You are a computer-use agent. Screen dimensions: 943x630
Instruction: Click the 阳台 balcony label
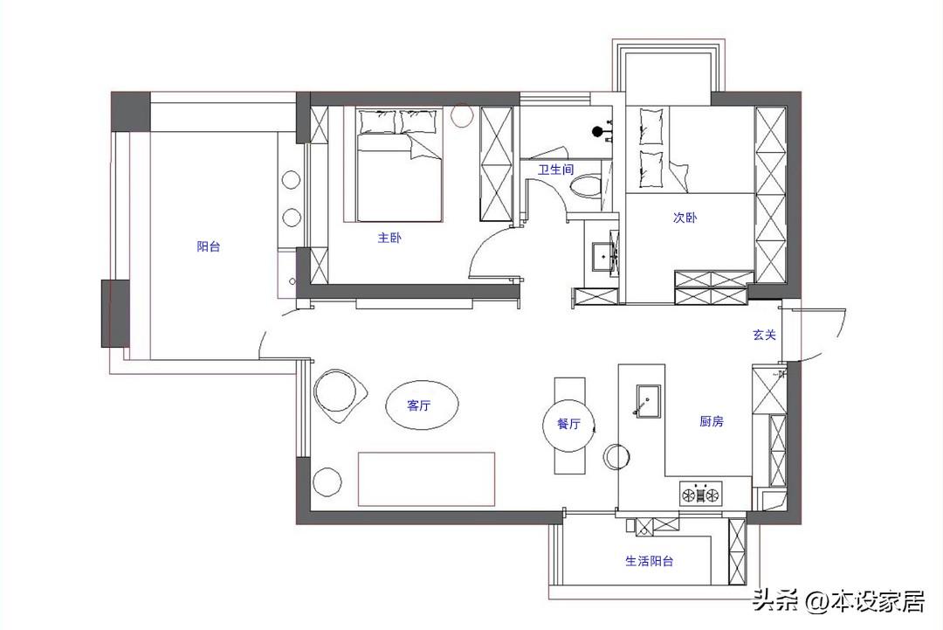[209, 246]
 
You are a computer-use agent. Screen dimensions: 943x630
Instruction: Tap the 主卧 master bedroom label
[389, 238]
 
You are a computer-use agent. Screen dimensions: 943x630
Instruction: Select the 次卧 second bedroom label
[685, 218]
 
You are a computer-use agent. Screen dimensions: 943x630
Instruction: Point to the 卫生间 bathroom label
[555, 170]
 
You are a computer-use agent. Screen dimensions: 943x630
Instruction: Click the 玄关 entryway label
[764, 335]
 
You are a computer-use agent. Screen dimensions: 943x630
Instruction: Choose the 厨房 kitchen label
[712, 421]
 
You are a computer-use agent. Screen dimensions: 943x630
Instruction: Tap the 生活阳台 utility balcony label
[650, 561]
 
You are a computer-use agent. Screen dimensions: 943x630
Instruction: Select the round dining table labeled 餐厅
[569, 424]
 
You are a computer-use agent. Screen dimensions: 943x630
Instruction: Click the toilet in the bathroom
[584, 186]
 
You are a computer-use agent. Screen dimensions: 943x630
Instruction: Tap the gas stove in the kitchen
[700, 494]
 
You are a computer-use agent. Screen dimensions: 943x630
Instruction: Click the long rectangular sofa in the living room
[426, 479]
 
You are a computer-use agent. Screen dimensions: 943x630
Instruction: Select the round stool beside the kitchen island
[616, 456]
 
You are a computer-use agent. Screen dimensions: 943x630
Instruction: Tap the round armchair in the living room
[340, 395]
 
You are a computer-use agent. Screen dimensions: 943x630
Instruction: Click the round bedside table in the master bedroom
[463, 115]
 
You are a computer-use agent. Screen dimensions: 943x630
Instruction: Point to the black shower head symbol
[598, 130]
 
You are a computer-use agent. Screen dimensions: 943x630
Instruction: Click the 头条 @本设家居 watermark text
[839, 601]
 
